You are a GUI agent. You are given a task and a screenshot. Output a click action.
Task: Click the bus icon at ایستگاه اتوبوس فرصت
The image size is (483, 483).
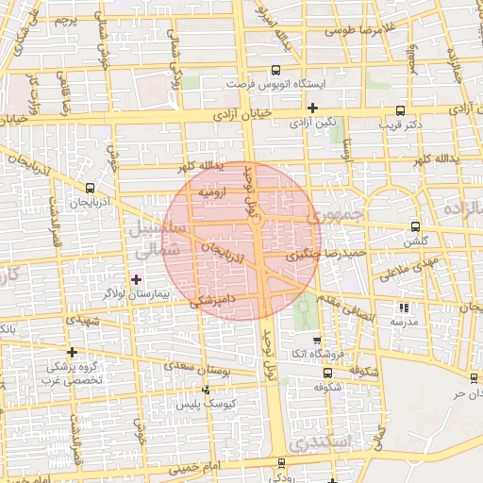pos(275,70)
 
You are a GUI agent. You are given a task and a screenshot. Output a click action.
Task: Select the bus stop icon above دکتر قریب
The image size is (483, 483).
pos(401,109)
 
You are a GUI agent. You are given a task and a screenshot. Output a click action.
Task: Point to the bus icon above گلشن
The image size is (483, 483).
pos(415,226)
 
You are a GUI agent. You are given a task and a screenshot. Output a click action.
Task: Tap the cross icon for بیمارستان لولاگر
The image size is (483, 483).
pos(137,279)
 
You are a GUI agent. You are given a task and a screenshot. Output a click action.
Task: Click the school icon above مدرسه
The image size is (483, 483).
pos(405,308)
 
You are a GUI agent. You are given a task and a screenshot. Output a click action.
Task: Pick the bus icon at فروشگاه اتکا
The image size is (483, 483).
pos(316,342)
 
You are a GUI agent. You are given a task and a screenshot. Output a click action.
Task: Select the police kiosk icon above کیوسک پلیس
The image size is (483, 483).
pos(207,390)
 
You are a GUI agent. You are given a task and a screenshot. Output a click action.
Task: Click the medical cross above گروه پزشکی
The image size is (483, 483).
pos(72,352)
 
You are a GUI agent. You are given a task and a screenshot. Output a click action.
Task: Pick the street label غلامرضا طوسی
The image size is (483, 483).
pos(357,29)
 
